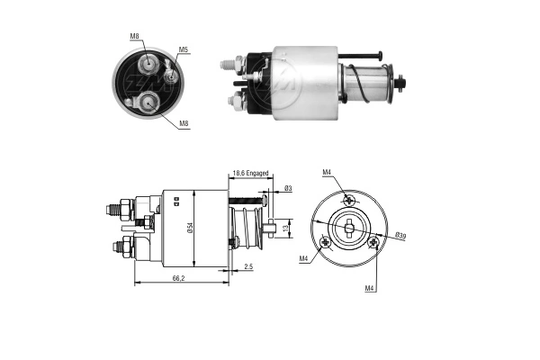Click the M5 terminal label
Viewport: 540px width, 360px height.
click(183, 49)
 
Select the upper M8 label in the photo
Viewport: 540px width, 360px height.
click(134, 36)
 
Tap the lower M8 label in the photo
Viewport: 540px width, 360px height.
click(184, 124)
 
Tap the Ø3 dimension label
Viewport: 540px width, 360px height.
click(287, 188)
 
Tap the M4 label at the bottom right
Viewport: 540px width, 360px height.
click(370, 288)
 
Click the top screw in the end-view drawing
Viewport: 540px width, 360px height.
click(350, 200)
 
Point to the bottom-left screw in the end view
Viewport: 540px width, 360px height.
click(325, 240)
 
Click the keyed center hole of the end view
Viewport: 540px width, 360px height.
click(348, 226)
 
